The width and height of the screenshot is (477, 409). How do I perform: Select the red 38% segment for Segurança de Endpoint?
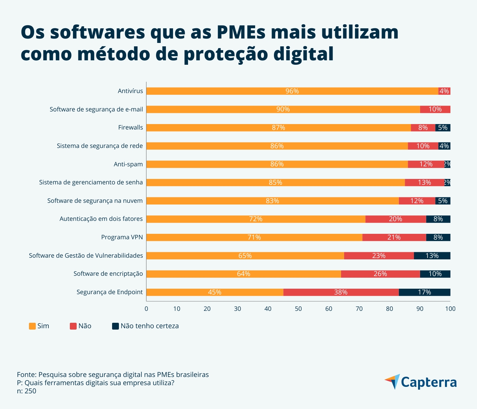pyautogui.click(x=341, y=292)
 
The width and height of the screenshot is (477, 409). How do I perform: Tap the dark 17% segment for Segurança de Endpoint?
pyautogui.click(x=425, y=292)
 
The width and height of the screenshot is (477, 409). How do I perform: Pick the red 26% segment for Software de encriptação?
pyautogui.click(x=380, y=274)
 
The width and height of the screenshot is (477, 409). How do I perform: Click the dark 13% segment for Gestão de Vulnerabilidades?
pyautogui.click(x=432, y=256)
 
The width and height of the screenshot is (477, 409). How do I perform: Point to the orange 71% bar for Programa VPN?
pyautogui.click(x=254, y=237)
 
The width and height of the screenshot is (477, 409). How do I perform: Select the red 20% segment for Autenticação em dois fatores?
pyautogui.click(x=396, y=219)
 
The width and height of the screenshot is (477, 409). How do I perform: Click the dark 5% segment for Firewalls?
pyautogui.click(x=443, y=127)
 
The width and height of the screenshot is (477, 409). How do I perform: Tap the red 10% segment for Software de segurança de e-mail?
pyautogui.click(x=435, y=109)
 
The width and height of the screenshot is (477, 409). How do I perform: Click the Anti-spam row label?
pyautogui.click(x=128, y=164)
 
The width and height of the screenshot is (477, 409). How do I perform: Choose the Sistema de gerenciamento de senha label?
pyautogui.click(x=91, y=182)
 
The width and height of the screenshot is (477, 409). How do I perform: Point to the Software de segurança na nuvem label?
pyautogui.click(x=95, y=201)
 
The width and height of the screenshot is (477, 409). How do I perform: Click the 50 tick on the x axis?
pyautogui.click(x=298, y=309)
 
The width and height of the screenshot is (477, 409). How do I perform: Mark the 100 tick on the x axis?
pyautogui.click(x=450, y=309)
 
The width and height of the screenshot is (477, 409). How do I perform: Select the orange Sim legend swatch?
pyautogui.click(x=32, y=326)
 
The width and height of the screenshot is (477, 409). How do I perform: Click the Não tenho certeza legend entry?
pyautogui.click(x=149, y=326)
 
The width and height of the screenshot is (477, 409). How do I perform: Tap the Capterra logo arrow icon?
pyautogui.click(x=393, y=381)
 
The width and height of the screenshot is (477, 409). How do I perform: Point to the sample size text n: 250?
pyautogui.click(x=27, y=391)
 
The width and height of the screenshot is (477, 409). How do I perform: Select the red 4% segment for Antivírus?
pyautogui.click(x=444, y=91)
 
